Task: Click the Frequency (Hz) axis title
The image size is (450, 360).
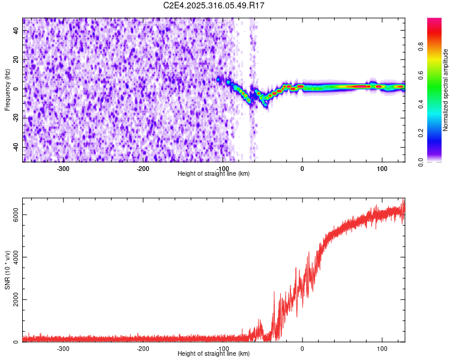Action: tap(7, 90)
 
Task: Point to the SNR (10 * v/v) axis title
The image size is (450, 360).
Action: tap(7, 269)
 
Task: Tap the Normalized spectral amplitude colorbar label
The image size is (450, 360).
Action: tap(446, 90)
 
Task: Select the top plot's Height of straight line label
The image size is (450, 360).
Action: tap(214, 173)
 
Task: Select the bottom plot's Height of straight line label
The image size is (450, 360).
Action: tap(214, 353)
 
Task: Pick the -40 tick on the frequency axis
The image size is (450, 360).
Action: tap(15, 147)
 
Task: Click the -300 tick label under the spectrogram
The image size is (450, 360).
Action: tap(63, 168)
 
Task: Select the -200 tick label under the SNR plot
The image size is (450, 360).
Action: tap(143, 348)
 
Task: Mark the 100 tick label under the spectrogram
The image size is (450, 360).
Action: tap(382, 168)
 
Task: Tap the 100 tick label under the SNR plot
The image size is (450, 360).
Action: tap(382, 348)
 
